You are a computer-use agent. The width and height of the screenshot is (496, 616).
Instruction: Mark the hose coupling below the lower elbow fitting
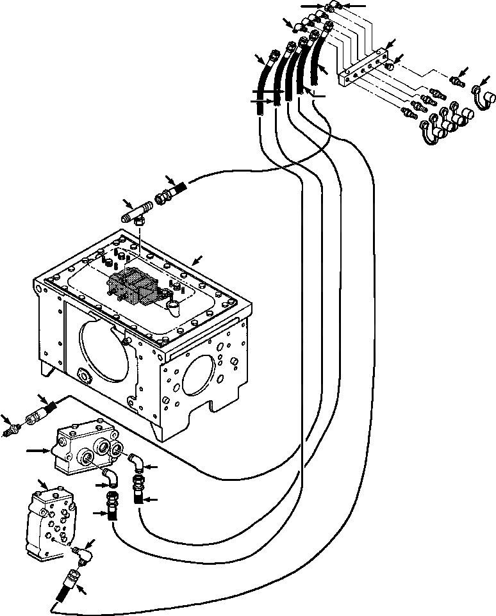click(x=69, y=583)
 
